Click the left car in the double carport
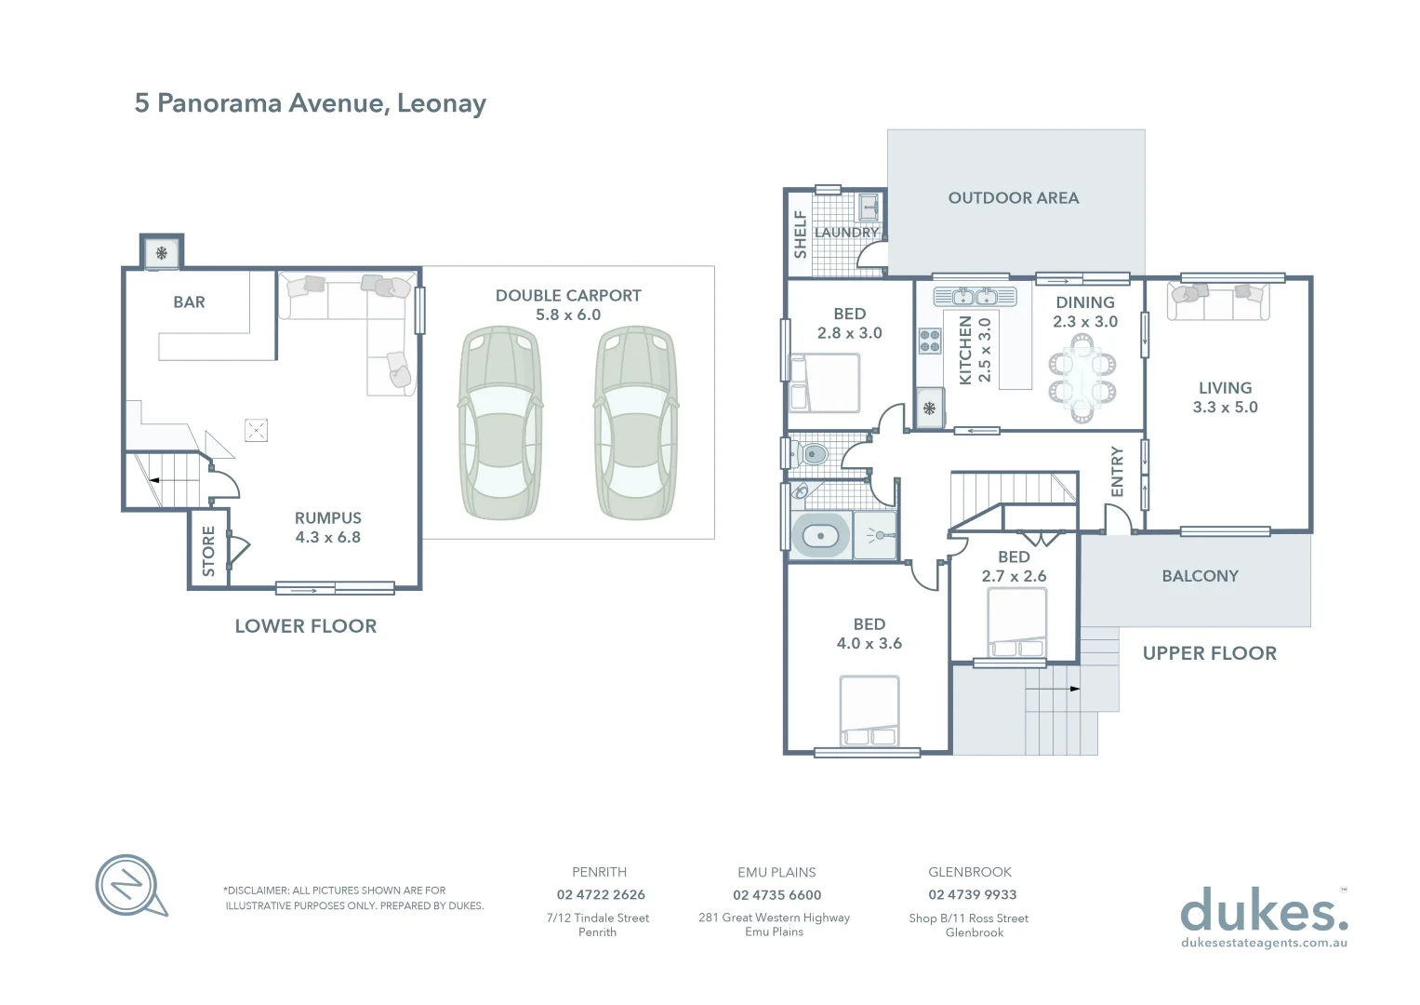pos(501,422)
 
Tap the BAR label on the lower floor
pos(189,302)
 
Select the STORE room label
pos(208,550)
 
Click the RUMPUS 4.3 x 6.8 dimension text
pos(327,537)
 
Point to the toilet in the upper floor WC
pos(810,455)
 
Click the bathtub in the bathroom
pos(821,536)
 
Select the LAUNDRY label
pos(846,233)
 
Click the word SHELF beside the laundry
pos(800,234)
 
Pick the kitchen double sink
pos(975,297)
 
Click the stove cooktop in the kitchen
pos(930,341)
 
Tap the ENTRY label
pos(1118,471)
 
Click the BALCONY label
pos(1200,576)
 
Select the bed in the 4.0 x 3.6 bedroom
pos(869,712)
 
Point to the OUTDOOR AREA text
pos(1013,198)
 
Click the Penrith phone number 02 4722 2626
pos(601,894)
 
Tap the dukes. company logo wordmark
pos(1263,911)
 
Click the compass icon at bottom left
pos(129,884)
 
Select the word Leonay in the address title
pos(441,103)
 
